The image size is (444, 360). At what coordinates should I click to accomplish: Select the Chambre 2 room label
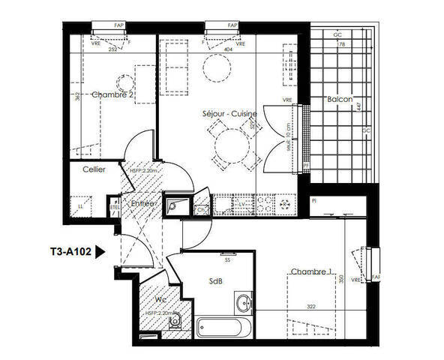[112, 95]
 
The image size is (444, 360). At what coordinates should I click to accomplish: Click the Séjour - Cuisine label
[230, 114]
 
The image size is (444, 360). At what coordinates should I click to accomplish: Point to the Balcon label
[338, 100]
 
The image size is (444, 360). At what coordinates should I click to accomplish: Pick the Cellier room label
[94, 170]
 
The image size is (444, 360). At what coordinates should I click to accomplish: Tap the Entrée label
[142, 203]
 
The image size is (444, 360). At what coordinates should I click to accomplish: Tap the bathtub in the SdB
[227, 328]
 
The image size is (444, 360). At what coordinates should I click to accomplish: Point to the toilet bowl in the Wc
[175, 324]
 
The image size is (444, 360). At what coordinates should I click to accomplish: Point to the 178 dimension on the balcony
[343, 45]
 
